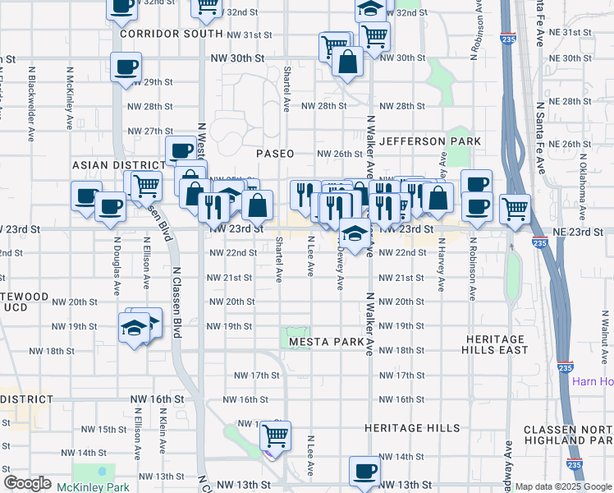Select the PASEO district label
click(274, 154)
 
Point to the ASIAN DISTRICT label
click(114, 164)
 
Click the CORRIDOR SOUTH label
click(171, 35)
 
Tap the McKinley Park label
click(94, 486)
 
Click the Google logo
click(27, 483)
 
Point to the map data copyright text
click(563, 486)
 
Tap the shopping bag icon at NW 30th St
click(348, 62)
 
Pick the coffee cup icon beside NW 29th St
click(126, 67)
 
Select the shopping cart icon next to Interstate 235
click(515, 210)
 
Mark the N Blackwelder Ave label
click(31, 104)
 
